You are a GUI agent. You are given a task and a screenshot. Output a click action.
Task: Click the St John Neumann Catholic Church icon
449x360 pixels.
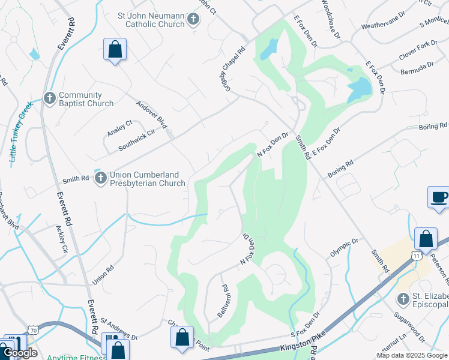[x=193, y=19]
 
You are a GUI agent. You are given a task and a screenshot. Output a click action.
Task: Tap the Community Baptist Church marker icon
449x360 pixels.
[x=50, y=97]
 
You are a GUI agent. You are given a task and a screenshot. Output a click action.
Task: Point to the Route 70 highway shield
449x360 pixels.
[x=34, y=331]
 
